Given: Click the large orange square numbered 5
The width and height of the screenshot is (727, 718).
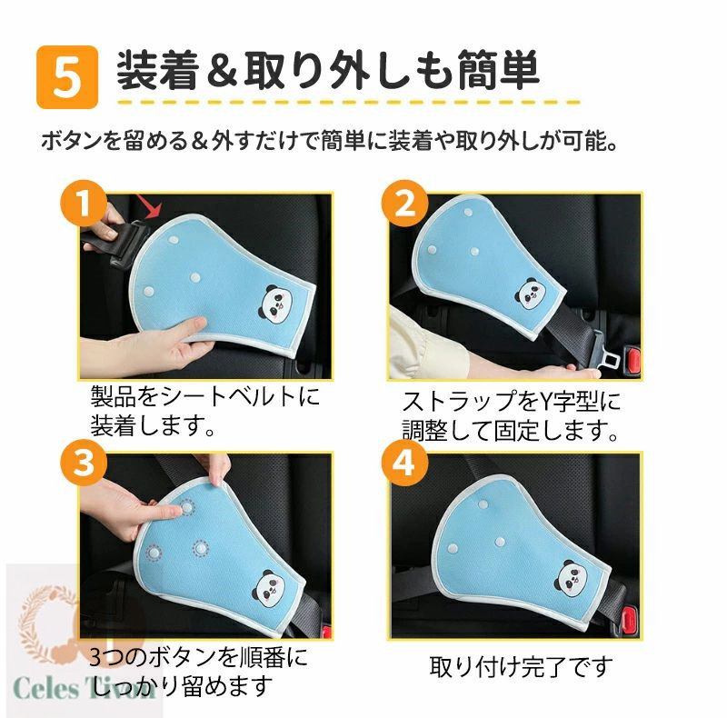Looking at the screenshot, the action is tap(67, 77).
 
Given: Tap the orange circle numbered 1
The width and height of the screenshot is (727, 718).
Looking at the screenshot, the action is tap(84, 204).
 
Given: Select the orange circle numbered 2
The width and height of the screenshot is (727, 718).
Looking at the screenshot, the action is tap(404, 204).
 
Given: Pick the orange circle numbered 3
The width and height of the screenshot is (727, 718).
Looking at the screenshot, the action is tap(84, 463).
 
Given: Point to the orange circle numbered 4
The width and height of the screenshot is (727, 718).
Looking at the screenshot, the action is tap(404, 463).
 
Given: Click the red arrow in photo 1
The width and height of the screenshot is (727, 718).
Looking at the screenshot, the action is tap(147, 206).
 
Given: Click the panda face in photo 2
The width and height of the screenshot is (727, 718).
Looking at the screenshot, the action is tap(530, 294).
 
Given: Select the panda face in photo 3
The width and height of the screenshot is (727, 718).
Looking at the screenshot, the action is tap(268, 589).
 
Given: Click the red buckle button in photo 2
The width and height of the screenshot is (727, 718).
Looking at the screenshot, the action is tap(633, 360).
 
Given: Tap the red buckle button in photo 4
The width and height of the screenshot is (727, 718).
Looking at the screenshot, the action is tap(628, 619).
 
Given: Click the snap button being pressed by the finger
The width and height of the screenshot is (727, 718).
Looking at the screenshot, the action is tap(187, 508).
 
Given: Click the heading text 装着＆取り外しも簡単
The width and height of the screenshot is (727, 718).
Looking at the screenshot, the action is tap(328, 70).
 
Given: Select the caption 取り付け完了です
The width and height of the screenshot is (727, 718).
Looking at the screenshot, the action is tap(521, 667).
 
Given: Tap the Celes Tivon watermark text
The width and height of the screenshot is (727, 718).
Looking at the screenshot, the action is tap(85, 687).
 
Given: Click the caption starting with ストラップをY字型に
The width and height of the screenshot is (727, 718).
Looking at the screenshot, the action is tap(511, 416).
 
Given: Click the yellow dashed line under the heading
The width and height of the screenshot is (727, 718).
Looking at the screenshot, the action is tap(349, 102).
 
